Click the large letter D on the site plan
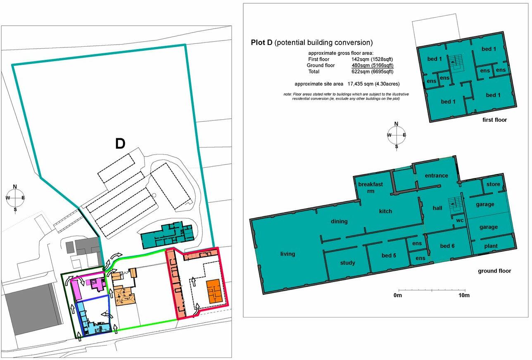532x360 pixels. (120, 144)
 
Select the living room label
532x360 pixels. (287, 254)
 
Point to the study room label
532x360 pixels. (347, 263)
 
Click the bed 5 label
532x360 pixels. (389, 256)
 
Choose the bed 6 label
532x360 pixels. (447, 246)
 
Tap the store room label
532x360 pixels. (493, 184)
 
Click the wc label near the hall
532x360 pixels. (460, 220)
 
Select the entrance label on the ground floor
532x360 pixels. (436, 175)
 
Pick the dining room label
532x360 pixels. (339, 221)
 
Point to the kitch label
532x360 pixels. (385, 211)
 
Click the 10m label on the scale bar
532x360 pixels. (464, 296)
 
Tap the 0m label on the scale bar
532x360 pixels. (398, 296)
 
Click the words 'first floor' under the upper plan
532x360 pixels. (494, 120)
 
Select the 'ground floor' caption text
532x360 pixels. (494, 271)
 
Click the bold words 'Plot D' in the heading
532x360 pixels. (262, 43)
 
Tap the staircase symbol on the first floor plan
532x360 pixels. (456, 63)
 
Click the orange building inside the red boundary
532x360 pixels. (214, 291)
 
